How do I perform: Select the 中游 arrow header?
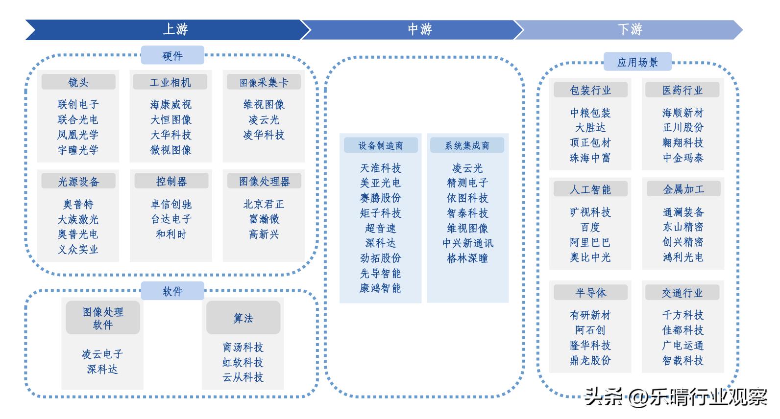419,29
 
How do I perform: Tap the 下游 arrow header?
630,29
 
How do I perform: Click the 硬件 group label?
172,56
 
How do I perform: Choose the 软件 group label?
172,291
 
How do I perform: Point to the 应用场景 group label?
637,62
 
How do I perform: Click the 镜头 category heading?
78,82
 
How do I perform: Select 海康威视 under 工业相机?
171,104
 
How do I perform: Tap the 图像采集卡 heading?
264,82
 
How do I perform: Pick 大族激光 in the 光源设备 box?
78,219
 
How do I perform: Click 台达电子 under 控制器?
171,219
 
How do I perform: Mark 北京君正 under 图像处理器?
264,204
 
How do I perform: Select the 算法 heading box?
243,318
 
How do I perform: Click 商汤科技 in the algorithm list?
243,347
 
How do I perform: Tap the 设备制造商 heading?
381,145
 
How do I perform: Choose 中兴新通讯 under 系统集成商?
467,243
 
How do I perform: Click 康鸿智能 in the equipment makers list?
380,288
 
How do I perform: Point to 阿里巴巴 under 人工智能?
590,242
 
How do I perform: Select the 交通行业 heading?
682,293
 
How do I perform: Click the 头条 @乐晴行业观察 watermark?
676,397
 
